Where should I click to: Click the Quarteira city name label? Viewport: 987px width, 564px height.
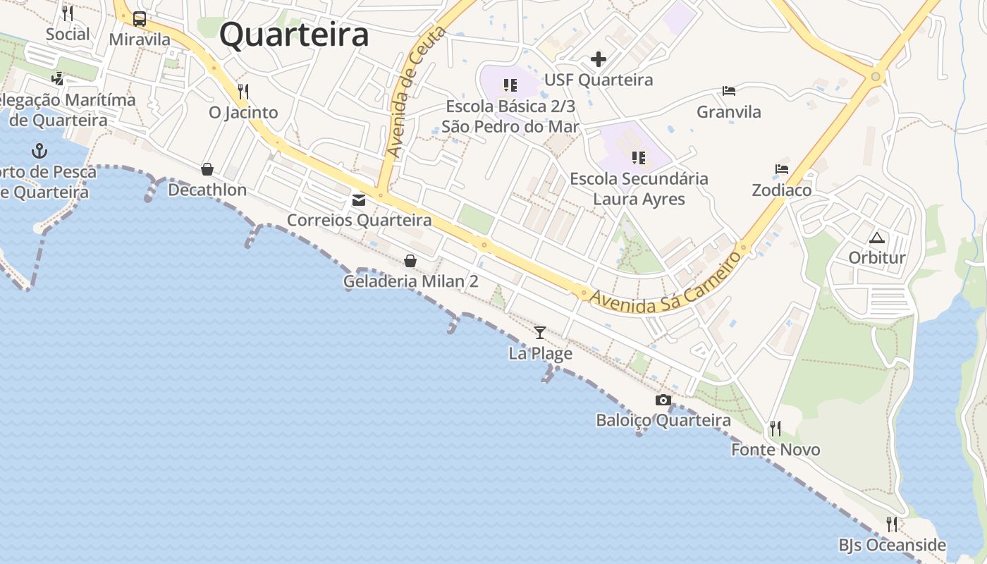click(294, 35)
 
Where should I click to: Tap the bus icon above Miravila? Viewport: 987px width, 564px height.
click(140, 19)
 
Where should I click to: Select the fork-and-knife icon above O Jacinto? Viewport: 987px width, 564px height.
click(243, 92)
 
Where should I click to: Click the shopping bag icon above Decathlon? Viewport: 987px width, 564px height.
click(207, 169)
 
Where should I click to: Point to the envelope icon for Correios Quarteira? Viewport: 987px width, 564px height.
click(359, 200)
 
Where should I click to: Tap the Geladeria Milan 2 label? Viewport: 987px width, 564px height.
click(410, 281)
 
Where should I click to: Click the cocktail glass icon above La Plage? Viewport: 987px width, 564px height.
click(540, 332)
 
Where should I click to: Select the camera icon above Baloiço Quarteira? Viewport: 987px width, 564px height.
click(663, 400)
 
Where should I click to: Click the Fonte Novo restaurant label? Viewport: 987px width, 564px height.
click(775, 449)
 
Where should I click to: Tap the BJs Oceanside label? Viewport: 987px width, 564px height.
click(892, 545)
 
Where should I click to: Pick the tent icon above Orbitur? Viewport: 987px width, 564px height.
click(876, 238)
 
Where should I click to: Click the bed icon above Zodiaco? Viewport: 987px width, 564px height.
click(782, 169)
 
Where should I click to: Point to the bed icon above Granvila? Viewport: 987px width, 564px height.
click(729, 91)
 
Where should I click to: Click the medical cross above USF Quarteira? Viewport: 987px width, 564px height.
click(599, 59)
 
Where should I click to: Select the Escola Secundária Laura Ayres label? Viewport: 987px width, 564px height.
click(639, 189)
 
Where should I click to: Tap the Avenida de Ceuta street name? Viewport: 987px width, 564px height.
click(417, 92)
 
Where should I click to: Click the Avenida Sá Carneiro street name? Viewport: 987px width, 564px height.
click(666, 282)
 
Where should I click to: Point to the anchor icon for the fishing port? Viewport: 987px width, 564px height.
click(39, 151)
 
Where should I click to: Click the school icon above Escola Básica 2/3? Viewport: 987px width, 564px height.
click(510, 86)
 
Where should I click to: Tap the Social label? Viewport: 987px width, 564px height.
click(68, 34)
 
